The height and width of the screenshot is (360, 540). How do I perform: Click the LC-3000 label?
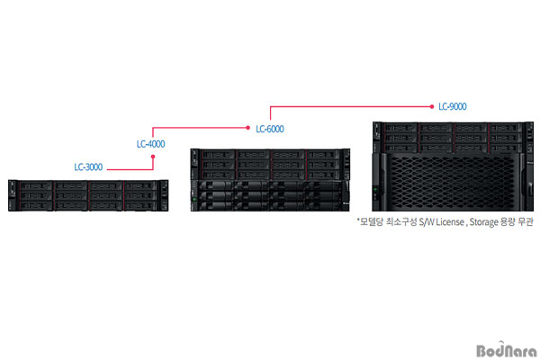click(88, 167)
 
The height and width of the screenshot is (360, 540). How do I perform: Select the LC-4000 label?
click(151, 144)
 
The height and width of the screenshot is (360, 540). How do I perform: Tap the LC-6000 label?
click(270, 130)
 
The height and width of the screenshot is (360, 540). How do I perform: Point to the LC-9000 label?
click(453, 106)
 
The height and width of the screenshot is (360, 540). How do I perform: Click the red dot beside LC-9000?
click(432, 107)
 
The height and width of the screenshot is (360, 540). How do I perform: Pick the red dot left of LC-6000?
click(248, 128)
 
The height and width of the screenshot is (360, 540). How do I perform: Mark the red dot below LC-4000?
click(153, 157)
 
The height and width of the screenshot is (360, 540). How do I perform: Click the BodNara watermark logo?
click(507, 350)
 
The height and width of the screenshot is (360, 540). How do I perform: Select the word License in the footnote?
click(450, 222)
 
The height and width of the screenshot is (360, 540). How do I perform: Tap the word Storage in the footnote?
click(483, 222)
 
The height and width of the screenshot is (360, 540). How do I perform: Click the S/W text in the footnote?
click(427, 222)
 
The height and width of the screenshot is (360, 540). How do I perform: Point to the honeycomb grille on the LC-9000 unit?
click(453, 182)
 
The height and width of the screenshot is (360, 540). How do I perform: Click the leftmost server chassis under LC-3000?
click(88, 195)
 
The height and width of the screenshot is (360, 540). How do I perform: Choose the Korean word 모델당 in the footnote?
click(371, 221)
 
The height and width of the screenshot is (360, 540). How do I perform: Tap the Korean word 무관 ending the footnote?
click(526, 221)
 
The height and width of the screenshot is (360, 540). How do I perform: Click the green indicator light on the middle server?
click(194, 200)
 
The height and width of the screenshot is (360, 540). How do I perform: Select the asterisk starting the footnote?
click(358, 219)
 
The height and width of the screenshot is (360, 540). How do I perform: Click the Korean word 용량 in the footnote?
click(508, 221)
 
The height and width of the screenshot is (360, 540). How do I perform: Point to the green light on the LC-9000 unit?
click(375, 189)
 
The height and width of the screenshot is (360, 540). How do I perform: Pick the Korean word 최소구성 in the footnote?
click(400, 221)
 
